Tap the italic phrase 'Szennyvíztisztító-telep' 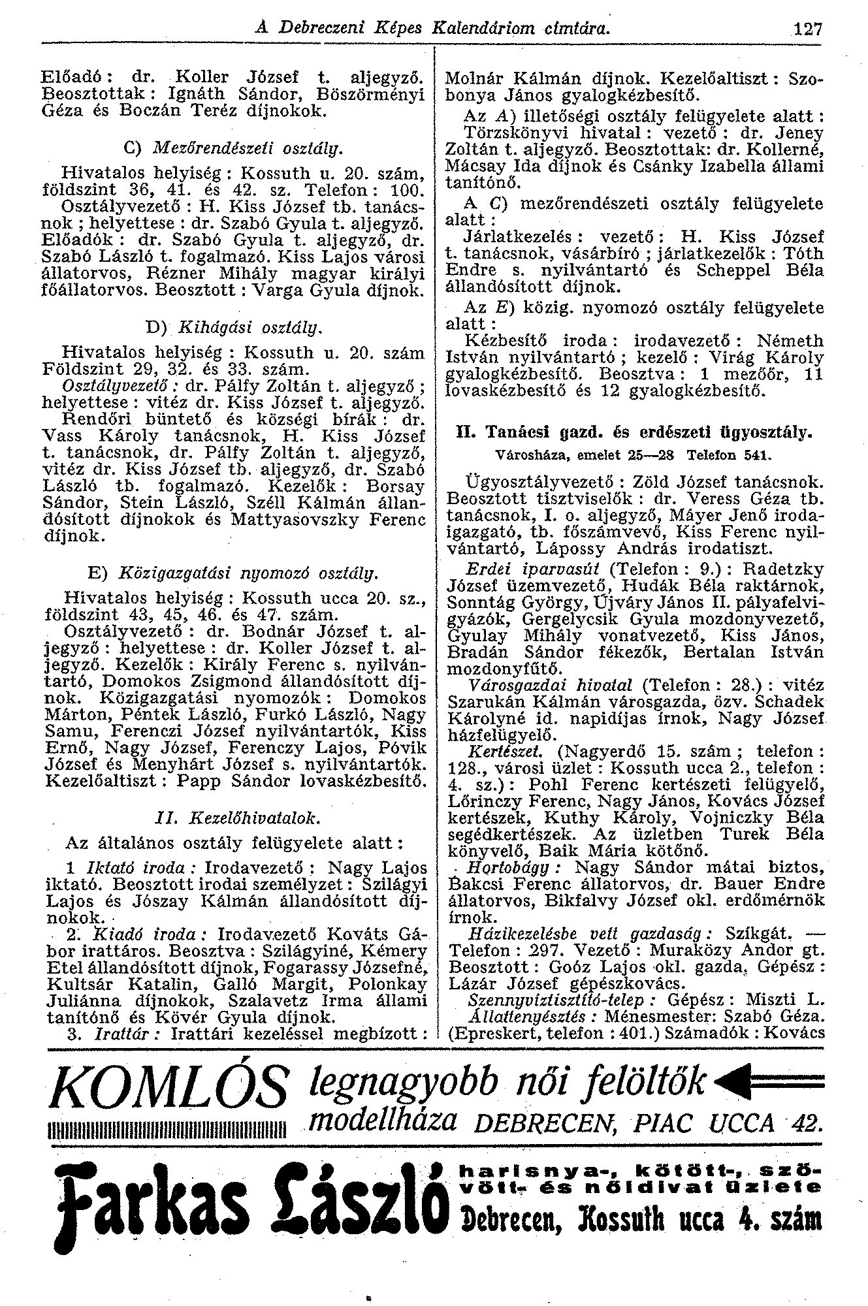click(x=534, y=1000)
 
